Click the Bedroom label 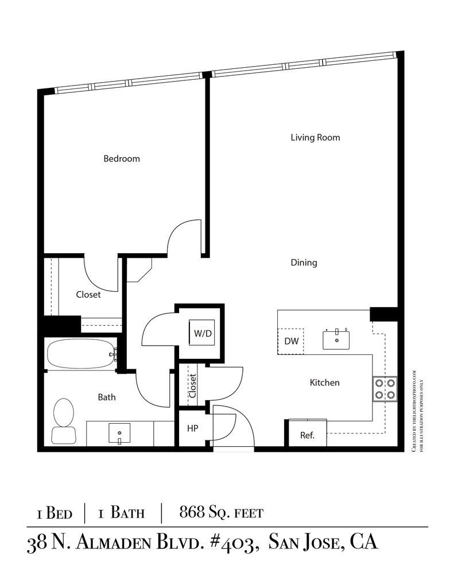point(121,158)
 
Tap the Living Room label point(315,137)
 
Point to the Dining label point(304,263)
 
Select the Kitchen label point(325,382)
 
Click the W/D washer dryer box point(202,333)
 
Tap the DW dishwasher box point(291,341)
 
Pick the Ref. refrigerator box point(307,435)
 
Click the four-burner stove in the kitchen point(386,388)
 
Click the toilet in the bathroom point(63,422)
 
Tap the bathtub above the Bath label point(80,355)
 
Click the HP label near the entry point(192,428)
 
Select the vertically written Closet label point(192,386)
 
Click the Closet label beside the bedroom point(88,295)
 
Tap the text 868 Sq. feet point(221,512)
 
